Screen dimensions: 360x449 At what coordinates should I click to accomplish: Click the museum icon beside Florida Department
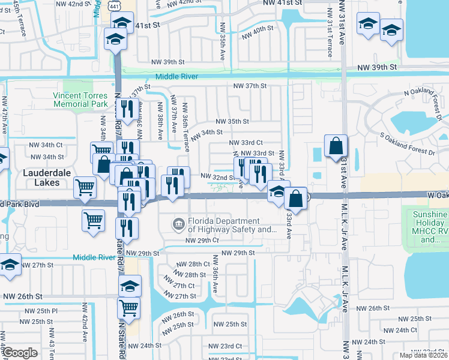179,224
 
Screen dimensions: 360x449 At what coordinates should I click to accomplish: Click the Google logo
20,353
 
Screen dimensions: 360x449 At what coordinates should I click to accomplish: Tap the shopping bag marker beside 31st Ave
336,146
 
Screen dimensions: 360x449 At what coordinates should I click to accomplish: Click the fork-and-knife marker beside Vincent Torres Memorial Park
127,110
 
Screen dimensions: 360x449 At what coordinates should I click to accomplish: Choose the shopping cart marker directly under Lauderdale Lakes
85,187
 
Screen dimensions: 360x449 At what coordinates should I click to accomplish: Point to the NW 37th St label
250,86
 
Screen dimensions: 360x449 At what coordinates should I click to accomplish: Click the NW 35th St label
232,121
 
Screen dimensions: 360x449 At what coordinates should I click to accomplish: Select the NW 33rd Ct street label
247,143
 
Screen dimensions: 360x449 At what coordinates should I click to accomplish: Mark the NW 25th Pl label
42,311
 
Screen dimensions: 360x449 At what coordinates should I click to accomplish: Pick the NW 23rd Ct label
225,346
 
